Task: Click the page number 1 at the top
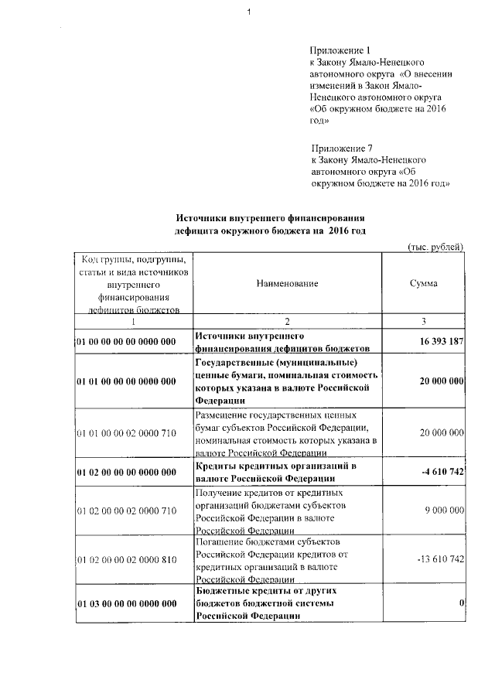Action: coord(250,11)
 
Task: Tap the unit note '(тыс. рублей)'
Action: coord(435,246)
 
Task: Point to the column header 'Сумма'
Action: coord(423,283)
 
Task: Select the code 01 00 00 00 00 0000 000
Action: coord(127,341)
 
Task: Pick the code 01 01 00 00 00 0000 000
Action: coord(127,381)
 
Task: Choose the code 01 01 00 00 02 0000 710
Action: coord(127,434)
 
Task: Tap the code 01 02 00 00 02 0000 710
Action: coord(127,510)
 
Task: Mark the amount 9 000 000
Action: coord(442,510)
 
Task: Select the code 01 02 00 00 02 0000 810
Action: coord(127,559)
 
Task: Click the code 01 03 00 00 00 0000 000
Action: coord(127,603)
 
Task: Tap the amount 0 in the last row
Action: coord(460,603)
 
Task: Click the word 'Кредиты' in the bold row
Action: coord(217,466)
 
